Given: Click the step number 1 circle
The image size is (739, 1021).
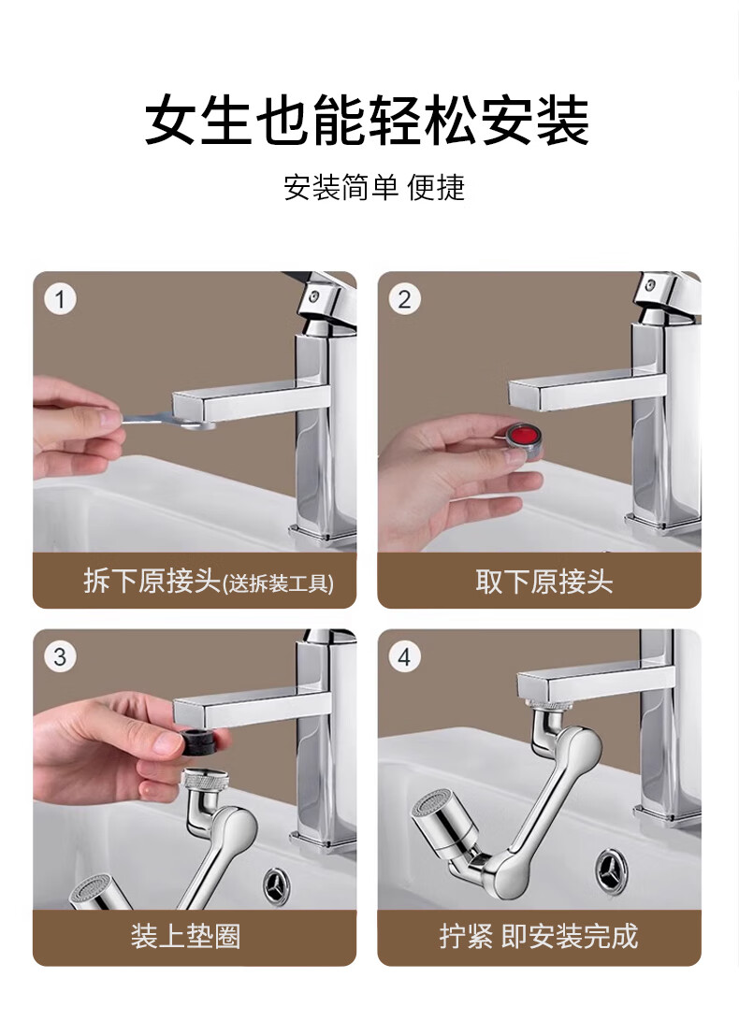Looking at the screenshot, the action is pyautogui.click(x=61, y=299).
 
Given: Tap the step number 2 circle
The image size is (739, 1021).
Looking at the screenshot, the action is pyautogui.click(x=405, y=299).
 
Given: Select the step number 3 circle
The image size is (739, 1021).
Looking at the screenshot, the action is pyautogui.click(x=61, y=656).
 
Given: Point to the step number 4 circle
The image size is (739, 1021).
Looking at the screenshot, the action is pyautogui.click(x=405, y=656).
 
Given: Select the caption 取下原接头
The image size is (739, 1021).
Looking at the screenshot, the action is pyautogui.click(x=544, y=582).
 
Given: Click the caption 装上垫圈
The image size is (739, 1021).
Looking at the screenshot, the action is pyautogui.click(x=186, y=936).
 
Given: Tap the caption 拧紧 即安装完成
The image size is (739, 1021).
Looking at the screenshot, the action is pyautogui.click(x=539, y=936).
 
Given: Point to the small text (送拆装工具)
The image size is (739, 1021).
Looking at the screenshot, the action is pyautogui.click(x=278, y=583).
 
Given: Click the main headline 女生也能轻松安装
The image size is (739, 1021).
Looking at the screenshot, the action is pyautogui.click(x=367, y=122).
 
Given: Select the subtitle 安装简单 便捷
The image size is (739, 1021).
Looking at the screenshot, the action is pyautogui.click(x=374, y=188).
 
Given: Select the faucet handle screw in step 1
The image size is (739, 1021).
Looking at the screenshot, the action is pyautogui.click(x=314, y=296).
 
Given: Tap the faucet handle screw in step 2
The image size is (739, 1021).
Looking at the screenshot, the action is pyautogui.click(x=649, y=284).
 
